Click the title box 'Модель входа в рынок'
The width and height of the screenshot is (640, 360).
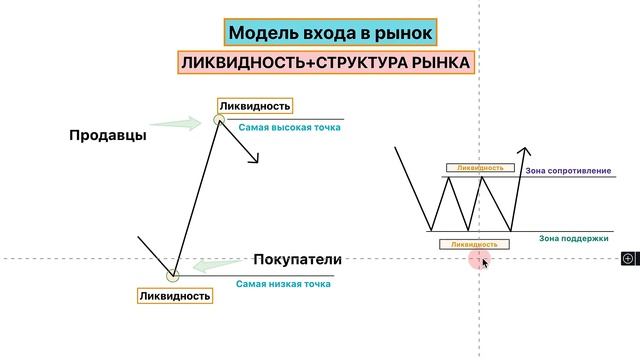click(x=331, y=33)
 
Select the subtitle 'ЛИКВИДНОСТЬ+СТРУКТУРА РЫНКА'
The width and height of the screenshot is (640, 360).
click(x=325, y=63)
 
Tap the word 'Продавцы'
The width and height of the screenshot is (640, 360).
click(x=108, y=135)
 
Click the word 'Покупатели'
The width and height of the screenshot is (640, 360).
click(x=297, y=260)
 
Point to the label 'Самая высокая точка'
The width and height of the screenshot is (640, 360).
click(x=289, y=127)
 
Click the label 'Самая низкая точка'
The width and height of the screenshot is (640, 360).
click(x=283, y=284)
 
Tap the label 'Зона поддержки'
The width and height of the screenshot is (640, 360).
click(x=574, y=239)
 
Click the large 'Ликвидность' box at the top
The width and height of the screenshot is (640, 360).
click(x=255, y=106)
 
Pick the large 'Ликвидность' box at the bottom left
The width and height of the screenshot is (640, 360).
click(x=175, y=295)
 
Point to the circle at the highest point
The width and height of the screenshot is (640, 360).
click(x=219, y=121)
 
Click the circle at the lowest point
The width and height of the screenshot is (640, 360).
click(x=172, y=275)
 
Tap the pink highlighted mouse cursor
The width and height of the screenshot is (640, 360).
click(x=481, y=260)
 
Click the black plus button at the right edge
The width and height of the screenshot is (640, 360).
click(x=628, y=258)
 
